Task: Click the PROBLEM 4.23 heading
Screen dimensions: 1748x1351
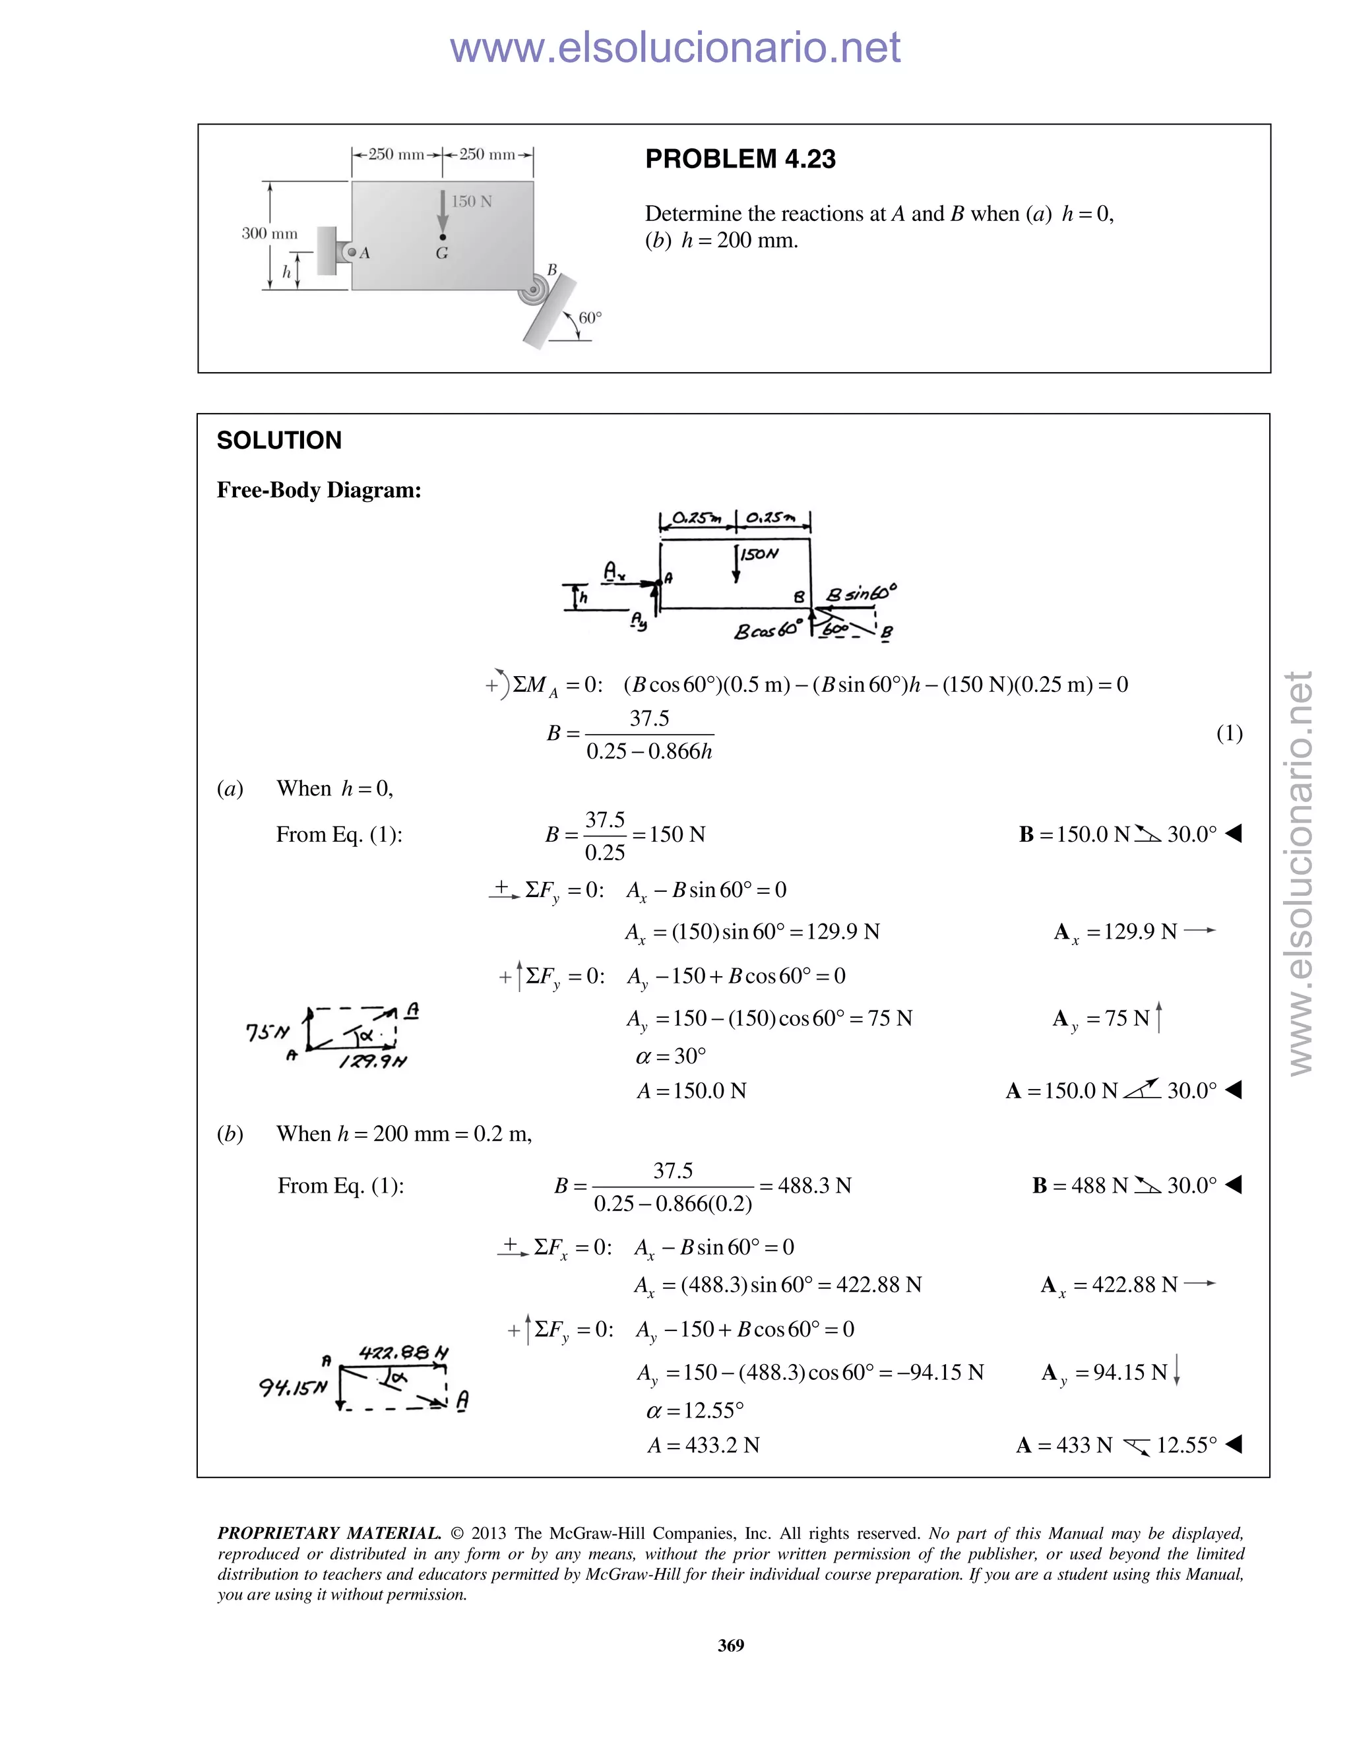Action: click(740, 159)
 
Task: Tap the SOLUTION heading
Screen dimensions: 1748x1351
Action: click(279, 440)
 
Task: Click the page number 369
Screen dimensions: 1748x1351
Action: click(731, 1644)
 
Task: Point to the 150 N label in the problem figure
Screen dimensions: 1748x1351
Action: click(472, 202)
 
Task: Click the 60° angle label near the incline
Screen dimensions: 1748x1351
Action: click(590, 318)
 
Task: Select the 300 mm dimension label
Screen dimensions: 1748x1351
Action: click(270, 234)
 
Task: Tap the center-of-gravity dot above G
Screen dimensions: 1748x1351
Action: click(443, 237)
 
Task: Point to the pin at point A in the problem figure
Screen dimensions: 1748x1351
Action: click(350, 252)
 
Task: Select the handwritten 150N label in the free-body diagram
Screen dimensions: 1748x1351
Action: click(759, 554)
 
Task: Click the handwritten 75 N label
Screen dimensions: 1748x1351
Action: click(267, 1032)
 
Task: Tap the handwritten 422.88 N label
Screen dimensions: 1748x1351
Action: click(403, 1354)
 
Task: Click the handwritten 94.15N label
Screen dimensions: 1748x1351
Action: click(293, 1387)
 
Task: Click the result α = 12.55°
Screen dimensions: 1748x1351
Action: click(695, 1410)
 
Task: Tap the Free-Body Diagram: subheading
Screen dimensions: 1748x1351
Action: click(319, 490)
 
